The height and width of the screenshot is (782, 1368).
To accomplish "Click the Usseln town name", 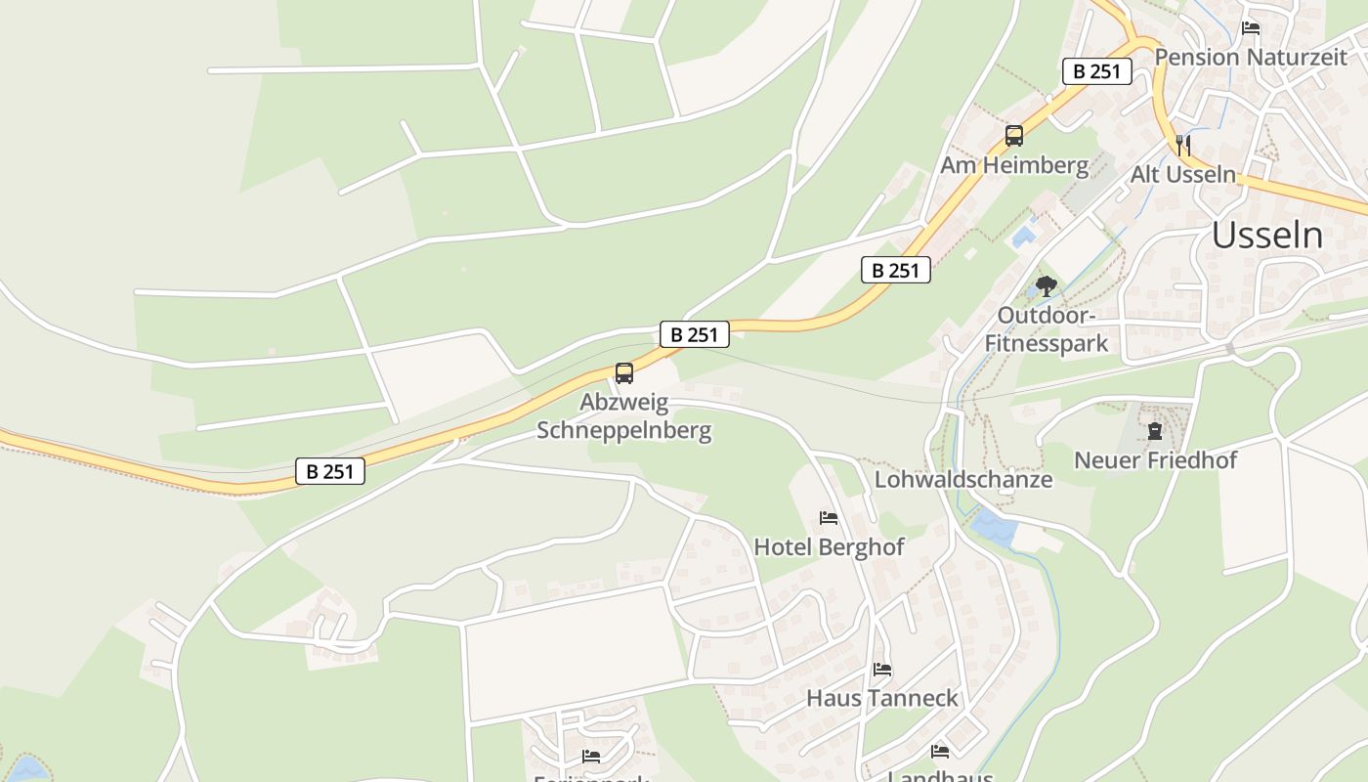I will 1267,236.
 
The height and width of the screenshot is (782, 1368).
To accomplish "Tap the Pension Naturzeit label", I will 1251,57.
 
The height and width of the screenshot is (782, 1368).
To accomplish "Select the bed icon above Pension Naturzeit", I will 1250,28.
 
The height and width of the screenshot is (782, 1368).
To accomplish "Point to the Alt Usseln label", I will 1182,175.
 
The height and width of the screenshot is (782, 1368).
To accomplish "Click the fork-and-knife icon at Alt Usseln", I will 1183,146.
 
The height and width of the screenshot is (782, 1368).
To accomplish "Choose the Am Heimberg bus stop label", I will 1013,165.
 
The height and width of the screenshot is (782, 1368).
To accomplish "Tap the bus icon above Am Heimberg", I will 1013,136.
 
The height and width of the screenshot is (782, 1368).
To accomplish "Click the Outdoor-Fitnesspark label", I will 1046,329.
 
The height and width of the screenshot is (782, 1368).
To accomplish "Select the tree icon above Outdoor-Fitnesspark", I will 1047,286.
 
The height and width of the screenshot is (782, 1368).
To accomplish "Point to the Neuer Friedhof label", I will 1155,459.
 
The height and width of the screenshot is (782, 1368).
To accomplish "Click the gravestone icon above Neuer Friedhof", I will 1155,430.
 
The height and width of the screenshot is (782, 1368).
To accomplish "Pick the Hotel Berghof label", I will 829,547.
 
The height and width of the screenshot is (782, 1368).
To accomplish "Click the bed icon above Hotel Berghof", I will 829,518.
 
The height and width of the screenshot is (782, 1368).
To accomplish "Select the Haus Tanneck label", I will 881,698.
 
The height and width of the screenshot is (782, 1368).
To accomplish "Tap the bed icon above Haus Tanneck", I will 881,670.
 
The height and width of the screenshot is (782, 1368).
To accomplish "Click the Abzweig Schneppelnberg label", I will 623,415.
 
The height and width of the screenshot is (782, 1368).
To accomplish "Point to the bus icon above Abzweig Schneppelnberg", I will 623,373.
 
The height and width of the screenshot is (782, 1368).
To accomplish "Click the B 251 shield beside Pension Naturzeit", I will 1096,71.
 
